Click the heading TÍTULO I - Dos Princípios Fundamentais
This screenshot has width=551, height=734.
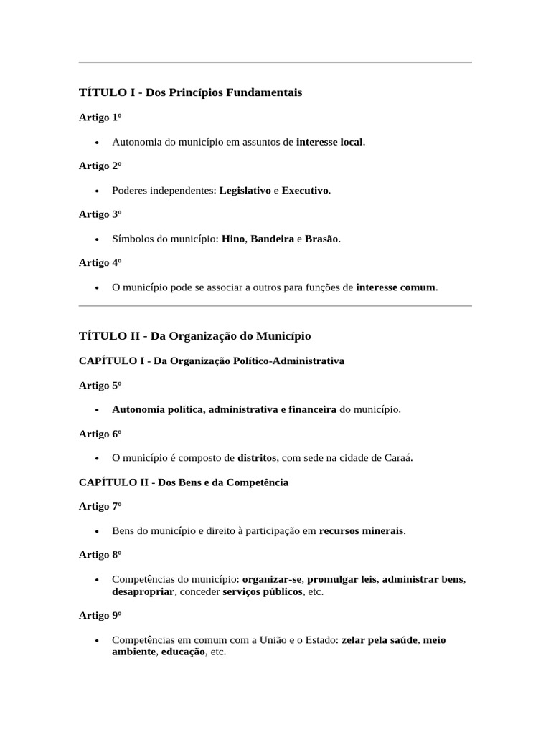click(x=190, y=92)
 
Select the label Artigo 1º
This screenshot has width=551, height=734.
click(x=99, y=118)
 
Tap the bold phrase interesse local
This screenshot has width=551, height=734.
click(x=330, y=142)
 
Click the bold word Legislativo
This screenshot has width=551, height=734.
click(x=245, y=191)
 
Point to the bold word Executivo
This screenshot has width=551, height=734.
click(x=305, y=191)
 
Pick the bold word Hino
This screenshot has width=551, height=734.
click(x=233, y=239)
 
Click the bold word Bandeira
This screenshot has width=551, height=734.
click(x=272, y=239)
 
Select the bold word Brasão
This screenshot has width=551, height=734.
click(x=321, y=239)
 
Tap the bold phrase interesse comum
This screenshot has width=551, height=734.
click(x=395, y=287)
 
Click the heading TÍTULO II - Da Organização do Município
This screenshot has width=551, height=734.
click(x=194, y=336)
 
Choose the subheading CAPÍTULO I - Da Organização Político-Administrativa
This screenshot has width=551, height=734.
click(x=211, y=361)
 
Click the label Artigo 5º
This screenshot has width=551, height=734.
click(x=99, y=386)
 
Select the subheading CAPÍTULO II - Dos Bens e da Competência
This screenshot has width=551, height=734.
click(x=183, y=482)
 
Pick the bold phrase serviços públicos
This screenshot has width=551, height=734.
click(x=263, y=592)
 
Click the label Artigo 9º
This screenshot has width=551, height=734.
click(x=99, y=616)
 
